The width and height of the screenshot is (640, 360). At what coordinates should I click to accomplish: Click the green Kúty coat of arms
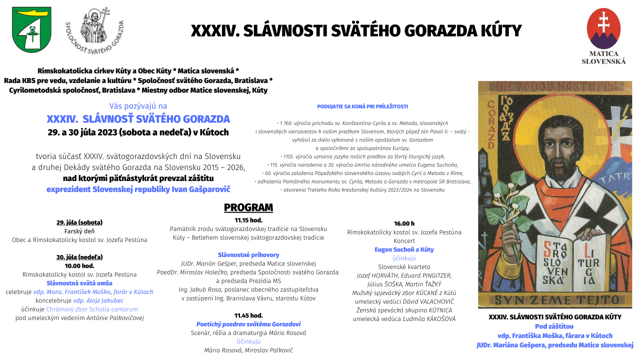point(31,29)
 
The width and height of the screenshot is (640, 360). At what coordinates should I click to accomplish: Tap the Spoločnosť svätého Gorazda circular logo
point(94,31)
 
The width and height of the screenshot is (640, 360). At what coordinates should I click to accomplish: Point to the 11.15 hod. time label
point(248,220)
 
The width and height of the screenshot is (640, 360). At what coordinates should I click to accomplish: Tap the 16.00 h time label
point(404,223)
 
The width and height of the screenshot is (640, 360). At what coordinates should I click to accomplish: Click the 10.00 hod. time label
point(79,266)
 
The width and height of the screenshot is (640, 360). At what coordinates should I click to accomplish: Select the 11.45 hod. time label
point(248,315)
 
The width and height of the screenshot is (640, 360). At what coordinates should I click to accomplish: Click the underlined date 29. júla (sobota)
point(79,222)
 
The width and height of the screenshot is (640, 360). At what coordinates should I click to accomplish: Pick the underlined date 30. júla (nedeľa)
point(79,257)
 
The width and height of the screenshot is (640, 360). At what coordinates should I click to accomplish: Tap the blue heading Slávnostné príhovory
point(248,255)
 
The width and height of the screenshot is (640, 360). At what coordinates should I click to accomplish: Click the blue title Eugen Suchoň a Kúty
point(404,249)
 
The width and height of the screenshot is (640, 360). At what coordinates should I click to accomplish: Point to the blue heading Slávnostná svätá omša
point(79,283)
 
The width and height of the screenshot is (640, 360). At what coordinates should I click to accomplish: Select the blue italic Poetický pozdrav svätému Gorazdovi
point(248,324)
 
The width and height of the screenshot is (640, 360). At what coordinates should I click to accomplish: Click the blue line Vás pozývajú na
point(138,106)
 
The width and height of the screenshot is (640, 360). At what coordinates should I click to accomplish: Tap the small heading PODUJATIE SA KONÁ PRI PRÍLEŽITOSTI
point(362,106)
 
